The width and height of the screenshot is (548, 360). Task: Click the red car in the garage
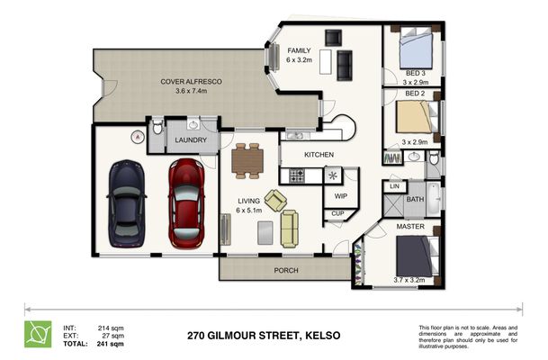pos(186,203)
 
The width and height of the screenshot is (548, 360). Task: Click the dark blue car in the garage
pos(127,203)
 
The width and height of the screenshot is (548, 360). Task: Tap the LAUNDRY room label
pos(191,140)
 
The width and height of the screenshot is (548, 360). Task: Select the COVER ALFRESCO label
pos(191,81)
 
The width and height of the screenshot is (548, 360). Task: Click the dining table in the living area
pos(247,161)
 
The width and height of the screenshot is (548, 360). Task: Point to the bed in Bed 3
pos(416,48)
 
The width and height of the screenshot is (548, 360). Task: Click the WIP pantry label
pos(341,196)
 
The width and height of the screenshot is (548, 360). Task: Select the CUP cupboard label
pos(337,213)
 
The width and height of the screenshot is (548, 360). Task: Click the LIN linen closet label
pos(394,186)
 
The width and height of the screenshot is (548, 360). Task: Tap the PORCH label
pos(286,270)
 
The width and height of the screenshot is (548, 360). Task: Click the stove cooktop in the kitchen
pos(297,175)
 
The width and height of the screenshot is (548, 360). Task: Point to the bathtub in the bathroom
pos(434,199)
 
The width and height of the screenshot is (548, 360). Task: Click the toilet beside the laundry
pos(157,127)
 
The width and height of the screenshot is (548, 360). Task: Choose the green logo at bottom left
pos(38,334)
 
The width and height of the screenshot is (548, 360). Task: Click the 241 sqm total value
pos(110,344)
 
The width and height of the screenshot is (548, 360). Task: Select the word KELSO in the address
pos(323,336)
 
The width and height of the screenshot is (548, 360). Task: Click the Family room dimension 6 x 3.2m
pos(299,59)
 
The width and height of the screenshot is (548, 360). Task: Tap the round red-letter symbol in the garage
pos(138,137)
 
